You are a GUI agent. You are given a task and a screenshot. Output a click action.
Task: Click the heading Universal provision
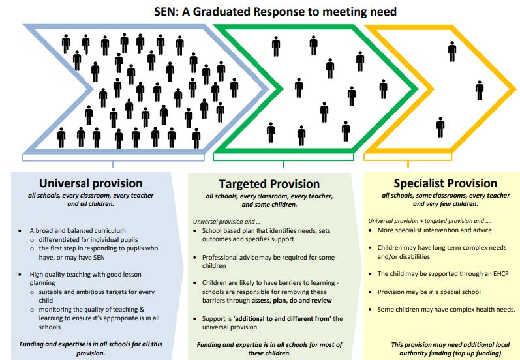[x=91, y=183]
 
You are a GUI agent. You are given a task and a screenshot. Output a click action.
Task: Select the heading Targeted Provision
[x=269, y=184]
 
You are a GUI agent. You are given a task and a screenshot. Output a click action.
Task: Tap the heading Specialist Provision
[x=446, y=183]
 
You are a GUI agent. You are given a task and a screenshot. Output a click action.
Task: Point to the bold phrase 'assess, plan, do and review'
[x=292, y=301]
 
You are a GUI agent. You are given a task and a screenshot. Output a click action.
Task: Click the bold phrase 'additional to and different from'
[x=283, y=318]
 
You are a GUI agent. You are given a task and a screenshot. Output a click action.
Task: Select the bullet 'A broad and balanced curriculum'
[x=78, y=231]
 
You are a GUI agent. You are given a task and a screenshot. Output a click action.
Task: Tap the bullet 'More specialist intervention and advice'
[x=435, y=230]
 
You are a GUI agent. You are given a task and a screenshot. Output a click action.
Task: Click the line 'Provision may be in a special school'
[x=429, y=292]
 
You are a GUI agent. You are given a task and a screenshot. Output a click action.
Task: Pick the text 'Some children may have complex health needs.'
[x=446, y=310]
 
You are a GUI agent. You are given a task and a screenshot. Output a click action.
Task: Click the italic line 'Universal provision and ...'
[x=226, y=222]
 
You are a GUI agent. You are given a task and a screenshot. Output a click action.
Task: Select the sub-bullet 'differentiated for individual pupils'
[x=88, y=239]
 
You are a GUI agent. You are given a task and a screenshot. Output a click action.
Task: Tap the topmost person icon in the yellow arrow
[x=452, y=52]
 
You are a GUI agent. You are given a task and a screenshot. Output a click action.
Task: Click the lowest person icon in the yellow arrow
[x=440, y=127]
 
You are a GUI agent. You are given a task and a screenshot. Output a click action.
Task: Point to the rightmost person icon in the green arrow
[x=384, y=89]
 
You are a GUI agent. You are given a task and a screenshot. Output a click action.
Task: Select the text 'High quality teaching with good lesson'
[x=85, y=275]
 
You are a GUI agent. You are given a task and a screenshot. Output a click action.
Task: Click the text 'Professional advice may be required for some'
[x=268, y=258]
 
